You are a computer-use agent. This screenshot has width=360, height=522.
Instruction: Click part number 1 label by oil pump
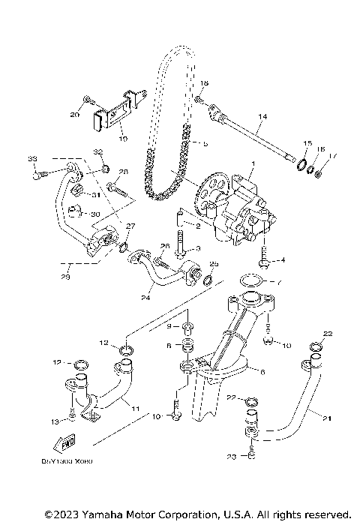point(253,163)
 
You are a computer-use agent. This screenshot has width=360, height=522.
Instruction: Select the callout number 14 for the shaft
point(262,117)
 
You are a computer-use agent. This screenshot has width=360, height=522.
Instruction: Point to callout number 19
point(124,139)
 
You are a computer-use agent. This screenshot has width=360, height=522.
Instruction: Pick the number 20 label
point(74,115)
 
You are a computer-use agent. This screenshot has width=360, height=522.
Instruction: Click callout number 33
point(32,159)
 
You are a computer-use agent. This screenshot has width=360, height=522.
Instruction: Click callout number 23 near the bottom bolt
point(232,455)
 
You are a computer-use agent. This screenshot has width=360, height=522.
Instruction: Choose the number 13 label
point(53,421)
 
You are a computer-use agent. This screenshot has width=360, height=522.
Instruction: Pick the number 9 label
point(169,327)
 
